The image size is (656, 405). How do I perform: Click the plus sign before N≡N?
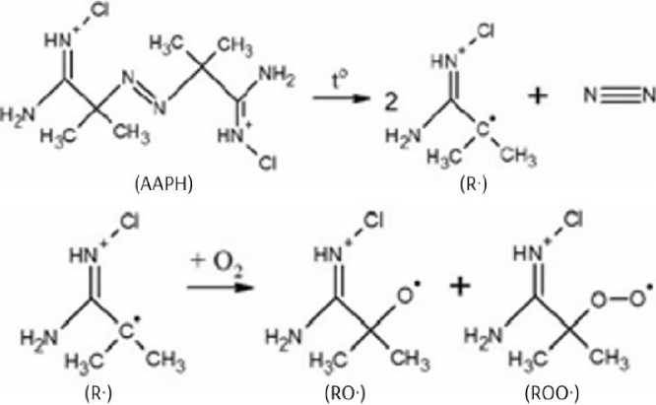(540, 97)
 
